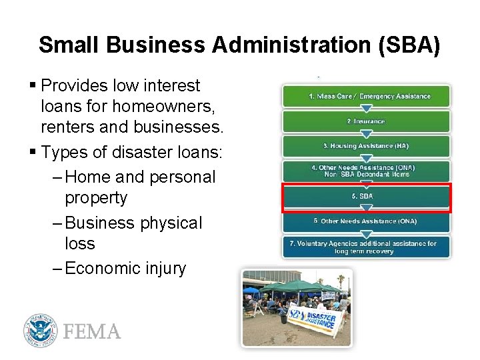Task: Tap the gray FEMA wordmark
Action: click(x=92, y=331)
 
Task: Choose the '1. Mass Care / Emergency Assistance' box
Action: click(x=366, y=97)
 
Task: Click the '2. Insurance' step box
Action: click(x=366, y=121)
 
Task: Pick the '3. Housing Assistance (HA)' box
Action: click(x=366, y=146)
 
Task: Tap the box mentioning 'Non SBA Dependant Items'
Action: click(x=366, y=171)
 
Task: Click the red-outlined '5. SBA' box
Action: click(x=366, y=197)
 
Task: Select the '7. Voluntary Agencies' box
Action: click(x=366, y=247)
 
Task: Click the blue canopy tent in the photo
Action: click(x=251, y=291)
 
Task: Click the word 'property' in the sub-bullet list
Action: click(x=96, y=198)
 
